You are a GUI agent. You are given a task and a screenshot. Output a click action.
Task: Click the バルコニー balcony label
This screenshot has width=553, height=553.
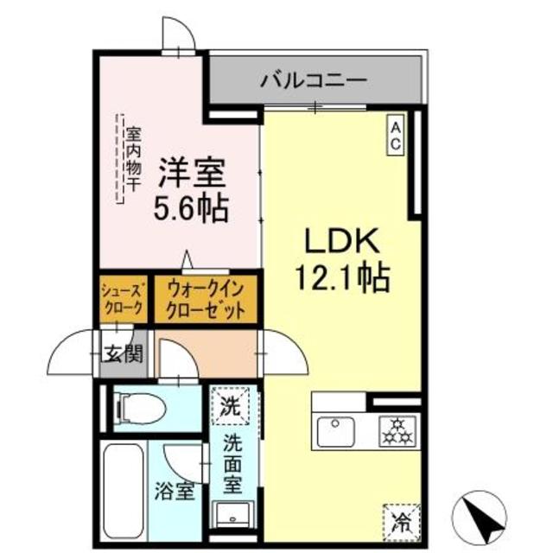tap(314, 81)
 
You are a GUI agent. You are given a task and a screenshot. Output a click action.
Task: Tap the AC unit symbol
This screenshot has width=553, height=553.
tap(394, 135)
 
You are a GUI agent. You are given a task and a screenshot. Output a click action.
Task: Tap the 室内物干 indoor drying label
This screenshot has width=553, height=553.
tap(132, 159)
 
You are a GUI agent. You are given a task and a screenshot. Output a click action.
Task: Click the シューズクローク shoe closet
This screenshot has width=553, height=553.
tap(124, 298)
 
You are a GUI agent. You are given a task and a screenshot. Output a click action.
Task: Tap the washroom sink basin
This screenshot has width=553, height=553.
tap(231, 514)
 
